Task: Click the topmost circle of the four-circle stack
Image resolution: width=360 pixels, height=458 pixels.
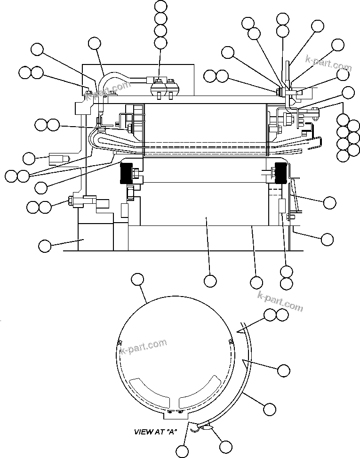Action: point(160,7)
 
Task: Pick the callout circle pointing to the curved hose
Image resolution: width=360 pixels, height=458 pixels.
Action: point(95,44)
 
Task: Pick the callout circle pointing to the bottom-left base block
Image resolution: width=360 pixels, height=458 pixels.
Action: point(45,245)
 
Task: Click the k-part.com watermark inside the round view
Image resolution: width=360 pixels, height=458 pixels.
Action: point(144,347)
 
